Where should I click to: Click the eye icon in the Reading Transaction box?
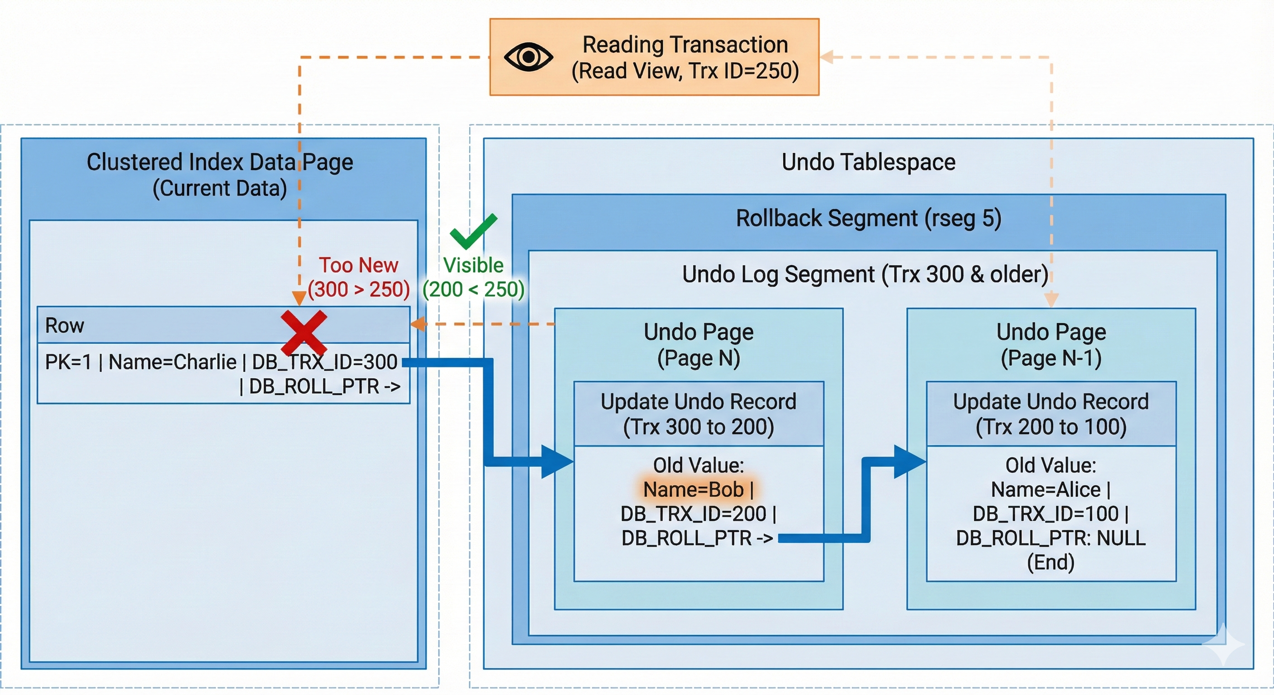tap(528, 57)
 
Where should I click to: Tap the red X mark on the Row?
tap(304, 332)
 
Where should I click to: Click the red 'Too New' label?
tap(358, 266)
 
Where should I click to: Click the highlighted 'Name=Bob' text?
tap(694, 490)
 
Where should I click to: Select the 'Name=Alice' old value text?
tap(1046, 490)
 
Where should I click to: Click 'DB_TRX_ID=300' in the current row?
tap(324, 362)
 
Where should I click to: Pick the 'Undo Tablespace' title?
tap(869, 162)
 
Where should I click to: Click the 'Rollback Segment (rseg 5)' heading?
tap(869, 218)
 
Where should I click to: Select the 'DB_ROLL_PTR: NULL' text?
tap(1051, 538)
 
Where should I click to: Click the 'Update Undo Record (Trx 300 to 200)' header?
tap(699, 414)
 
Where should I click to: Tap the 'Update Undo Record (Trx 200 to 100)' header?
tap(1051, 414)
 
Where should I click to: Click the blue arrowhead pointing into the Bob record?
tap(556, 462)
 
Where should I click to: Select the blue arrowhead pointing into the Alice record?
tap(909, 462)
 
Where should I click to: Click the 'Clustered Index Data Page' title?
tap(219, 162)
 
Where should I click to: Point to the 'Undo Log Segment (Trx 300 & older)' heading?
tap(865, 275)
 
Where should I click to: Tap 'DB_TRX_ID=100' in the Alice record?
tap(1046, 514)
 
